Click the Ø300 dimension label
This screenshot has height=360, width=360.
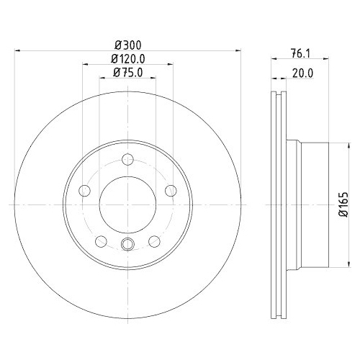click(x=128, y=45)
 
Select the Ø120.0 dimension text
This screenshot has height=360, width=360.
click(x=128, y=59)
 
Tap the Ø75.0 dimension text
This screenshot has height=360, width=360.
click(x=128, y=72)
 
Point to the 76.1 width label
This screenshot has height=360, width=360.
click(x=301, y=53)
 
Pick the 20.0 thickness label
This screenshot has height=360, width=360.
click(x=303, y=73)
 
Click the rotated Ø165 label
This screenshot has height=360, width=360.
click(x=343, y=204)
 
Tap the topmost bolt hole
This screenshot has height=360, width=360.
click(x=127, y=159)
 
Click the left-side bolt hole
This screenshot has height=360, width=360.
click(x=84, y=191)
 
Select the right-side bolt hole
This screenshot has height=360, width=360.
click(x=171, y=191)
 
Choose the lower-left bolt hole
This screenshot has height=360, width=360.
click(x=101, y=241)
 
